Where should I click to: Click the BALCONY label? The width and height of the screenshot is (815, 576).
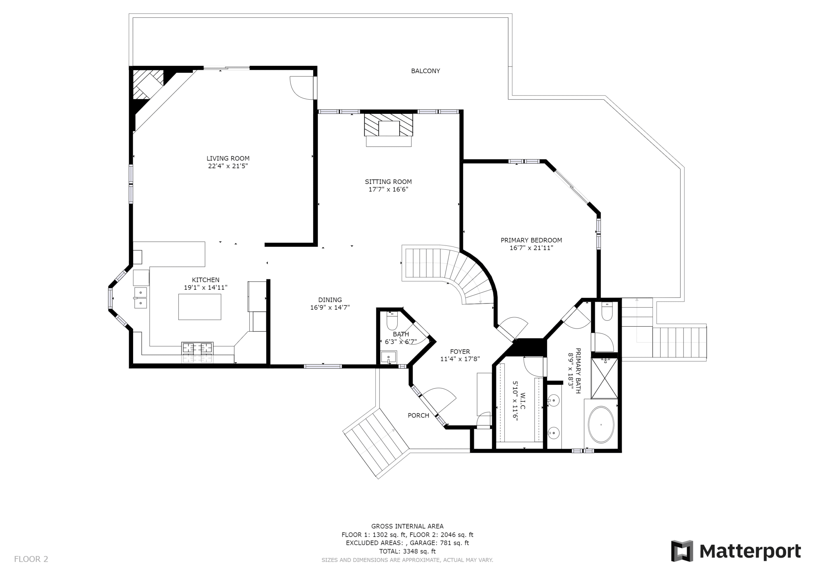tap(425, 71)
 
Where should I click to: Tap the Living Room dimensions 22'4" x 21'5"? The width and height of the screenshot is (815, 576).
tap(228, 166)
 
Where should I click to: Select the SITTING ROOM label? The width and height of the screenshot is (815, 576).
tap(388, 182)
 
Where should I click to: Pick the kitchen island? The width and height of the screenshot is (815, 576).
tap(200, 307)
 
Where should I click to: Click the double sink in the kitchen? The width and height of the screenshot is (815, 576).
tap(141, 298)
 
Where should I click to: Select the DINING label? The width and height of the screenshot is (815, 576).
tap(330, 300)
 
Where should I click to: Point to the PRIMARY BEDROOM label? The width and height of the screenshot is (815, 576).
tap(531, 240)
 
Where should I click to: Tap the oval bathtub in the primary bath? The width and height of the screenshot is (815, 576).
tap(601, 425)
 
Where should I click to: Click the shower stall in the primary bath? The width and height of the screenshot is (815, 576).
tap(605, 378)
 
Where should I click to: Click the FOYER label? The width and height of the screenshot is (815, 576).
tap(460, 352)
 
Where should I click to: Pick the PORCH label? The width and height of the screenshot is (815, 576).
tap(419, 416)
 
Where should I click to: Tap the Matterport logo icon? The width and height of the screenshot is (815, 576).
tap(682, 551)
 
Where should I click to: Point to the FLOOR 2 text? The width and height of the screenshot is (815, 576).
tap(31, 559)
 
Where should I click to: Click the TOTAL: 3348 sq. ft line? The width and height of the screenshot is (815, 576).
tap(407, 551)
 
